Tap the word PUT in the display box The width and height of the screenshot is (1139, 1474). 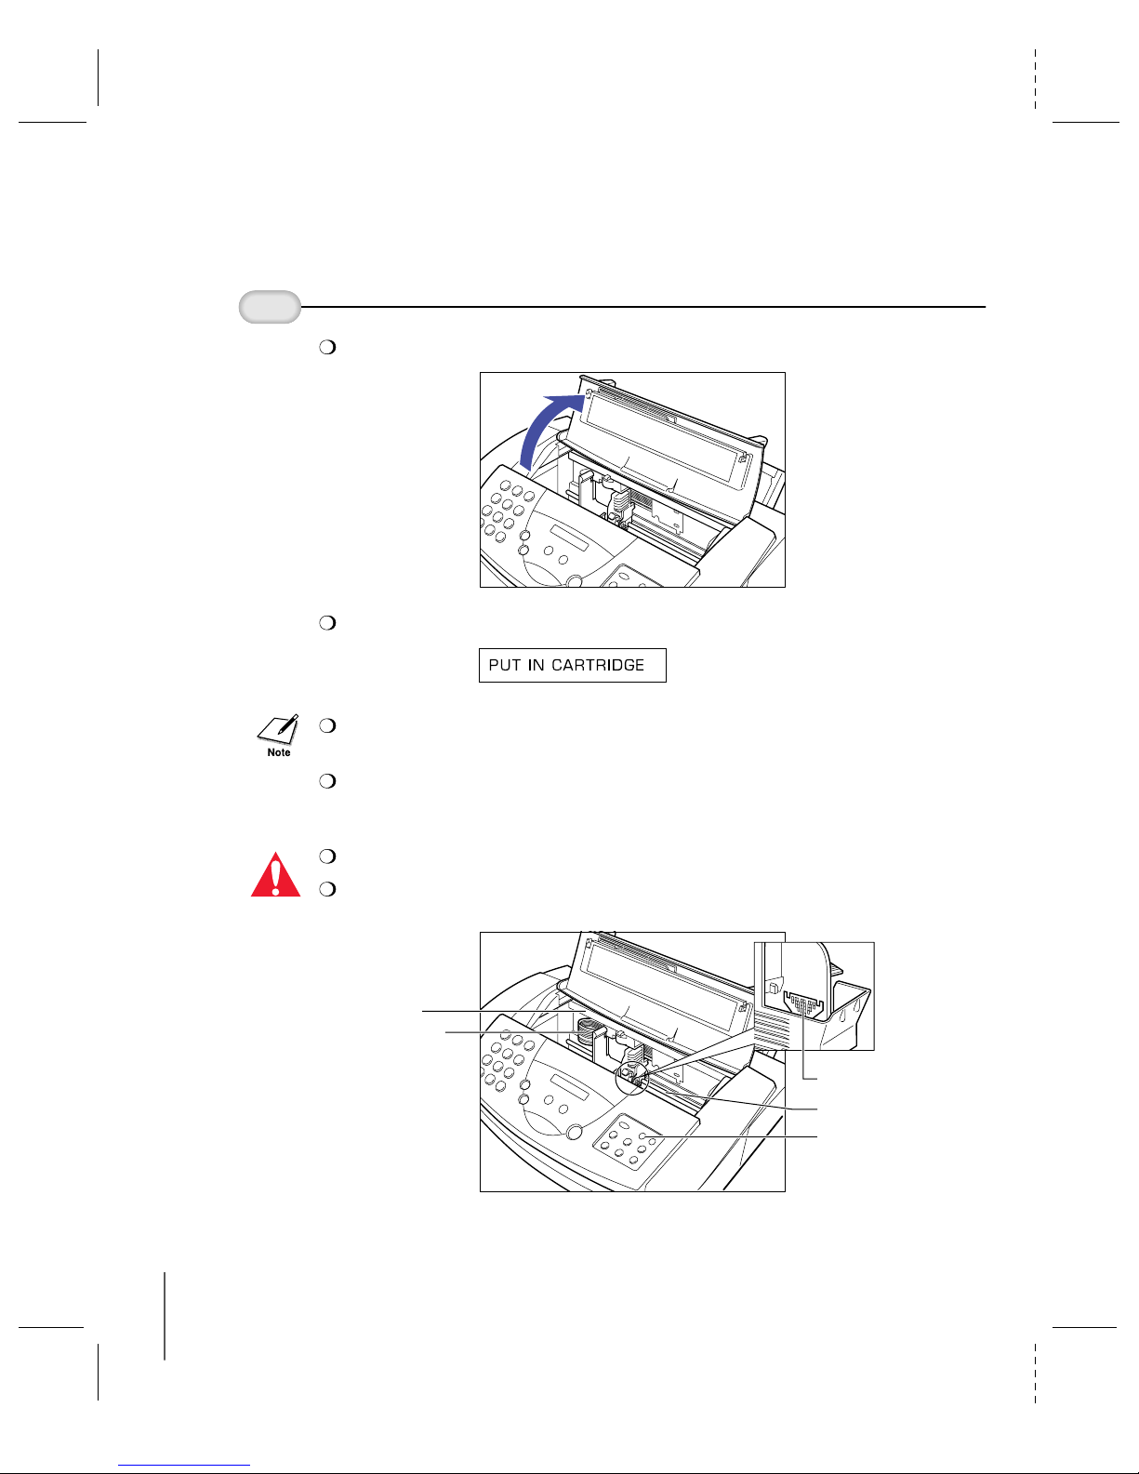(x=505, y=665)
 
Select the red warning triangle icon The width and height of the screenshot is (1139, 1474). (x=276, y=875)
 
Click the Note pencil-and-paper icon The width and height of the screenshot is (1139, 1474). (x=278, y=729)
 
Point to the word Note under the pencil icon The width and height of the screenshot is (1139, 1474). (x=279, y=752)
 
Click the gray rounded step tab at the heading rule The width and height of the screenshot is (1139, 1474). (x=270, y=307)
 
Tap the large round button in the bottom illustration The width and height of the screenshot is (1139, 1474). (x=574, y=1133)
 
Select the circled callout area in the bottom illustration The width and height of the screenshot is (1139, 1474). (x=632, y=1075)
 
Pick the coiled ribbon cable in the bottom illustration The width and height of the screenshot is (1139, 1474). (x=585, y=1031)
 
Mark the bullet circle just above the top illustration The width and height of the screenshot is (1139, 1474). (x=325, y=348)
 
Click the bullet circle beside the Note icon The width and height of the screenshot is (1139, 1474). (x=325, y=725)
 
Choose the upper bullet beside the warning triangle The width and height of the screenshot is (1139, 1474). (x=325, y=856)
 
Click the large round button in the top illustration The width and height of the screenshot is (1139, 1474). (x=575, y=581)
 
